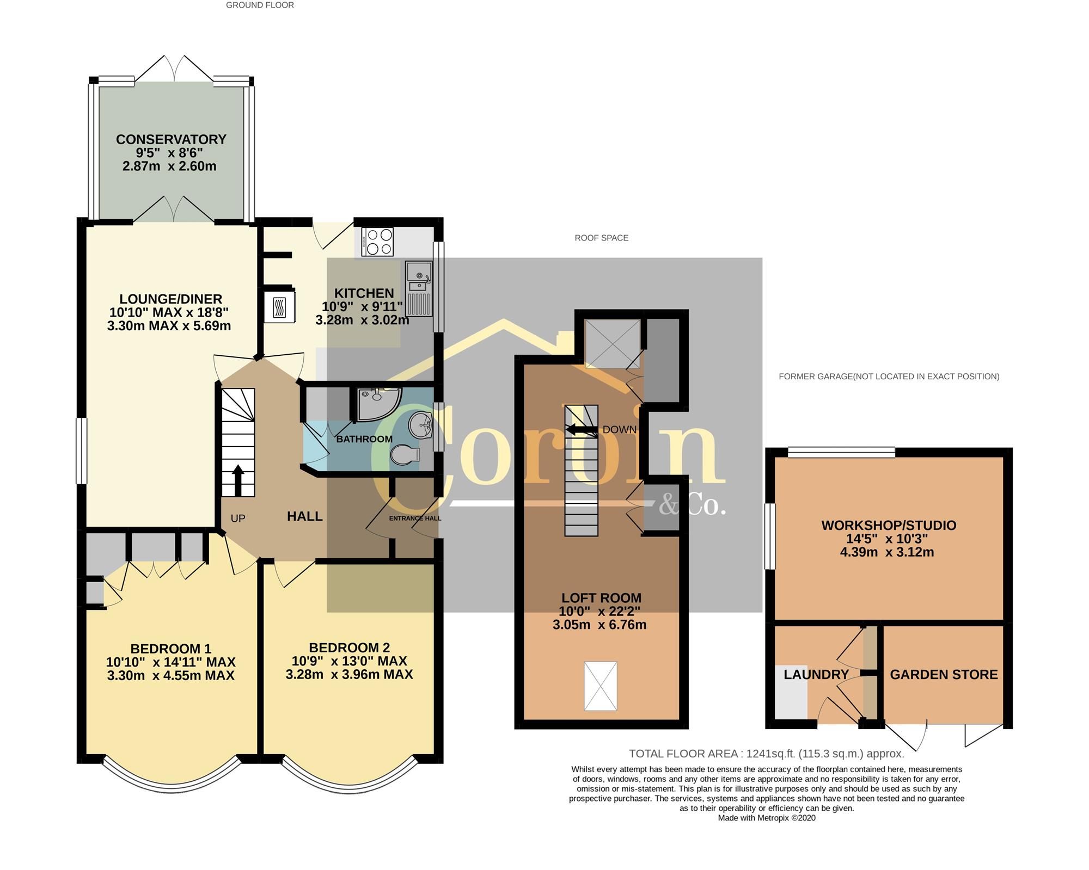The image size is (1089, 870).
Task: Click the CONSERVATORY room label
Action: click(170, 139)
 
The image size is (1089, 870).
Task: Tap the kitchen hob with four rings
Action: click(377, 242)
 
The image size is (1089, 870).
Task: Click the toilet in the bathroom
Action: click(406, 454)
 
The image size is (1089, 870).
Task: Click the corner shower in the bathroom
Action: click(377, 404)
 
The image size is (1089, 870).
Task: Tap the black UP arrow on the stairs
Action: click(238, 479)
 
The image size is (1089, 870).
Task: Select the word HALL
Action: click(305, 516)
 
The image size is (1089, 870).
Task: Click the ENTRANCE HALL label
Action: click(415, 519)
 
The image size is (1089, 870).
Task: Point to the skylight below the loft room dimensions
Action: click(600, 686)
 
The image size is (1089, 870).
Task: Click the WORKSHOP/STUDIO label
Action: click(889, 525)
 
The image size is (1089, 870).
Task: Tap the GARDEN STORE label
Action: click(944, 675)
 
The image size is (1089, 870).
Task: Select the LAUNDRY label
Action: click(816, 675)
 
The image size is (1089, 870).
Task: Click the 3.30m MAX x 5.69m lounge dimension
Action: click(169, 326)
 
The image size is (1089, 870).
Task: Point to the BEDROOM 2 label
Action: click(349, 647)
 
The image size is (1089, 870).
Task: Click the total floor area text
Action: click(766, 754)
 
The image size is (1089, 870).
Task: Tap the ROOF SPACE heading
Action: click(601, 238)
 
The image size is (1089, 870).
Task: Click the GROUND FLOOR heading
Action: click(260, 5)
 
